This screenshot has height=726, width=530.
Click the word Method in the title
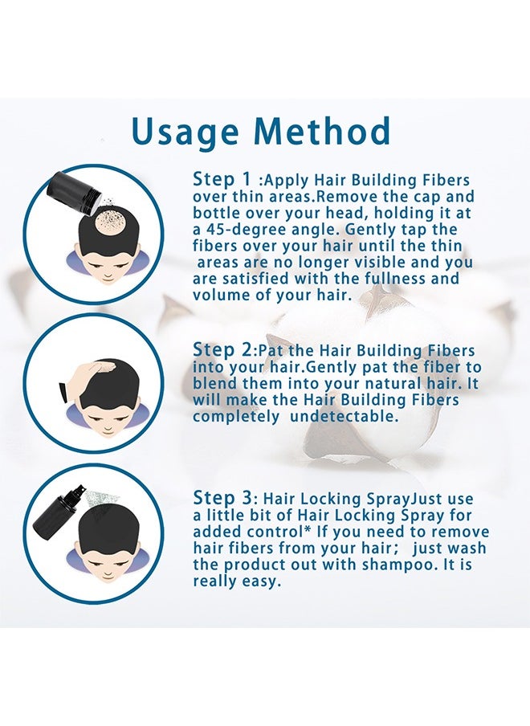(325, 132)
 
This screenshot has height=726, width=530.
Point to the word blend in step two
(216, 384)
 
